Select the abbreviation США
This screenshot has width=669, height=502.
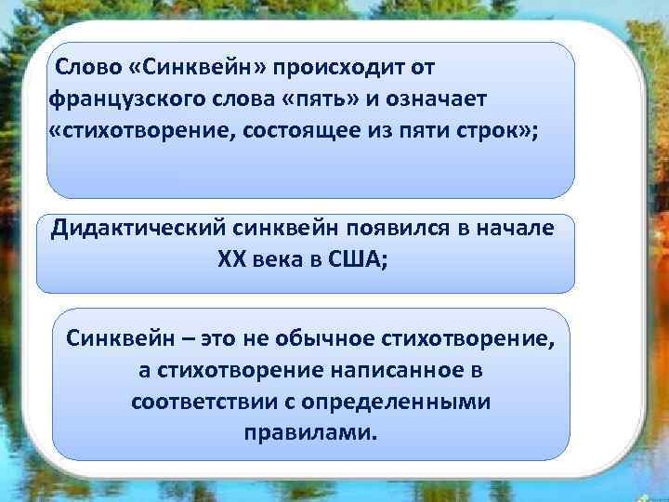[x=359, y=259]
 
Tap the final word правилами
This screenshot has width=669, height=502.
[x=310, y=433]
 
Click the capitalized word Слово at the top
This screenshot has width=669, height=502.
[x=85, y=69]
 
